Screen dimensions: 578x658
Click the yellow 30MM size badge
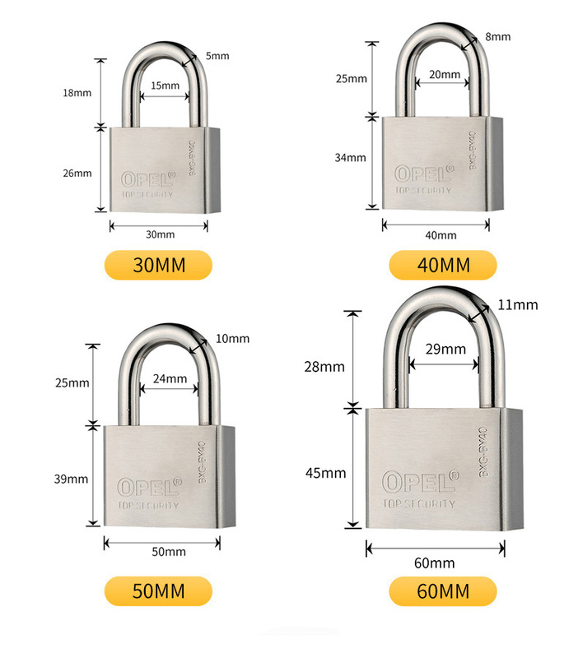tap(159, 265)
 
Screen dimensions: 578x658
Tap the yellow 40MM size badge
tap(443, 265)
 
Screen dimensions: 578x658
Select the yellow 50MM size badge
tap(159, 591)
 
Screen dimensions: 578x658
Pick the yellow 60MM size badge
tap(443, 591)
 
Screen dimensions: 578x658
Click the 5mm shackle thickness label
tap(217, 56)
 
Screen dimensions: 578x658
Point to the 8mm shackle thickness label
tap(497, 37)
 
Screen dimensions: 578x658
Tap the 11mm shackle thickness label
tap(518, 305)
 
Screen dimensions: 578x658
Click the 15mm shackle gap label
tap(165, 86)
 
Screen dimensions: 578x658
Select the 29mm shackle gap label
tap(445, 350)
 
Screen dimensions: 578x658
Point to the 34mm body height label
tap(350, 158)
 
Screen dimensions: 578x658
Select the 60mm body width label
tap(435, 563)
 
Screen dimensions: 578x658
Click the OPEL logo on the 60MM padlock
tap(419, 480)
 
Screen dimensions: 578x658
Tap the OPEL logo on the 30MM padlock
tap(148, 179)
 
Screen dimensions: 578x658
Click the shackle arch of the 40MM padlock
tap(436, 41)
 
